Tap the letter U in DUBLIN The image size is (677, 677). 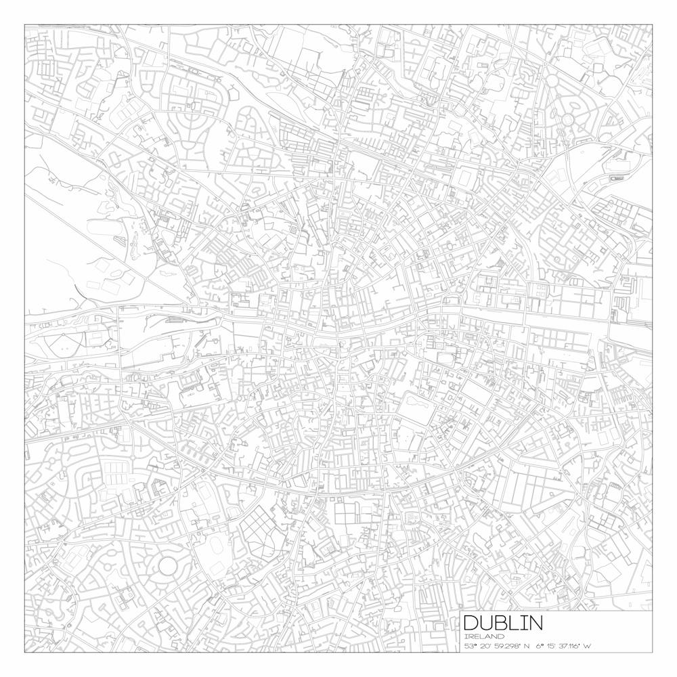click(x=489, y=623)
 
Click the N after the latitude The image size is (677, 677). click(x=527, y=646)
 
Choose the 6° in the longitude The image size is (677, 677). click(x=540, y=646)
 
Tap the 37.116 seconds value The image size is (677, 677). click(x=572, y=646)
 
